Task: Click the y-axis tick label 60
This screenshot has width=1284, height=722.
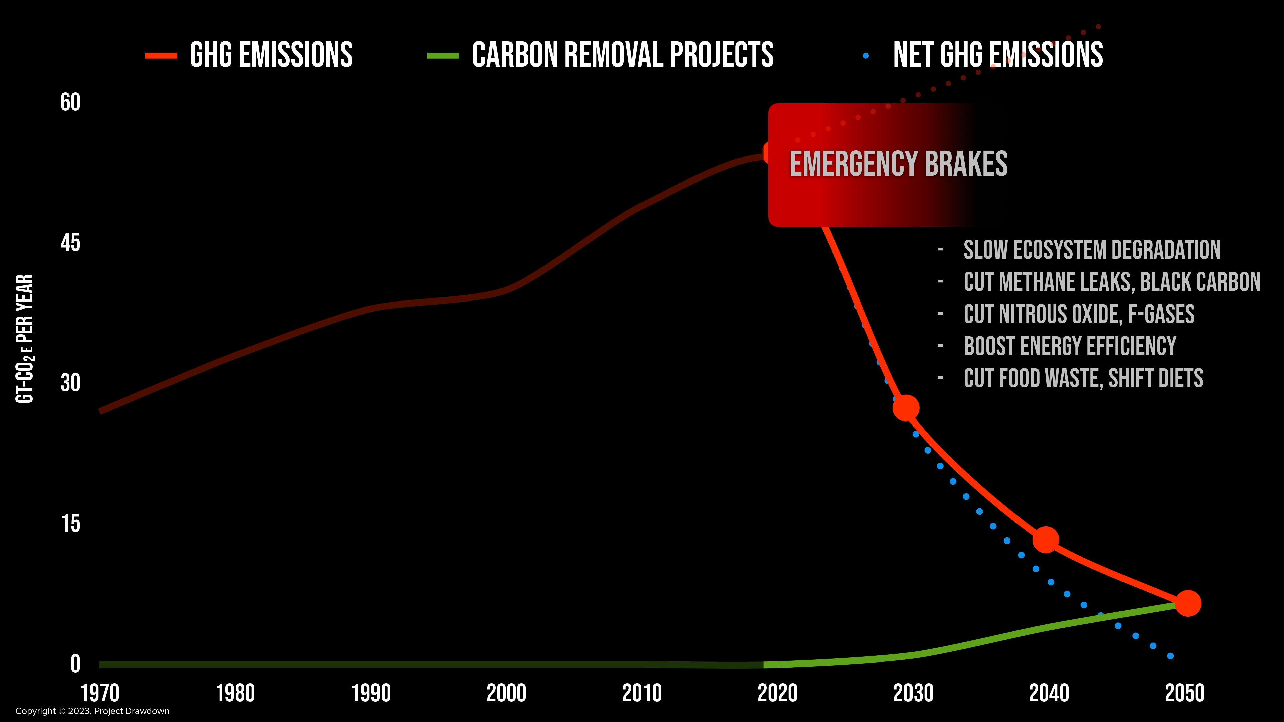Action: point(70,102)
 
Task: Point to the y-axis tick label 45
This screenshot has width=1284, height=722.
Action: point(70,243)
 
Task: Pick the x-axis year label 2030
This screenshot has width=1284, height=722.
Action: point(913,693)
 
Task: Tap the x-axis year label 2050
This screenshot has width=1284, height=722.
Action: point(1185,693)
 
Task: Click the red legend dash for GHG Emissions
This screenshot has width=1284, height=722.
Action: point(161,56)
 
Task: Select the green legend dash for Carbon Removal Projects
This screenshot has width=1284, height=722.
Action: point(443,56)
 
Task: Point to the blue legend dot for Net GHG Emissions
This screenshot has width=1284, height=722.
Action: point(866,56)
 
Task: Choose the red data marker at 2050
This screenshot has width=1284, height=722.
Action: point(1188,603)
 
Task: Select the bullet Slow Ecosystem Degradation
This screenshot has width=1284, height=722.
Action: point(1092,250)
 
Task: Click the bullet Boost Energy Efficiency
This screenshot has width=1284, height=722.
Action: point(1070,346)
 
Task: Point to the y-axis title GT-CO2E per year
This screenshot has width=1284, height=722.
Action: point(25,339)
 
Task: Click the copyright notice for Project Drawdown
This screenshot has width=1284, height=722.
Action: point(92,711)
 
